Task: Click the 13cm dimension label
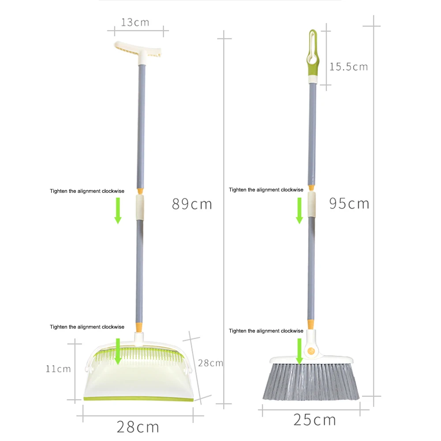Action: (135, 22)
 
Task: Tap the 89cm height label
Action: (192, 204)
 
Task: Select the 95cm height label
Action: (349, 203)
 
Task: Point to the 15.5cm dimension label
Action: (348, 67)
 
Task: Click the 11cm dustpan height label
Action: (58, 369)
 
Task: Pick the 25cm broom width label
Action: (314, 420)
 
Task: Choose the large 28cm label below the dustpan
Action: (138, 427)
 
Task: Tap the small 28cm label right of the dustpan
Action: (210, 363)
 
